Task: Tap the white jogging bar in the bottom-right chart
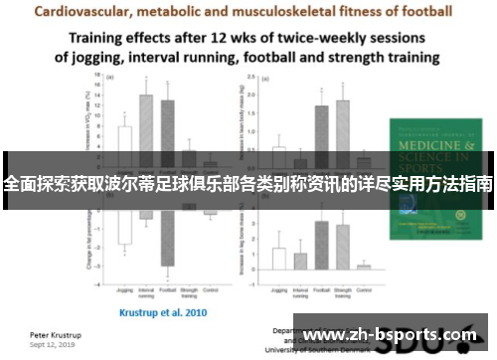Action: point(278,258)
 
